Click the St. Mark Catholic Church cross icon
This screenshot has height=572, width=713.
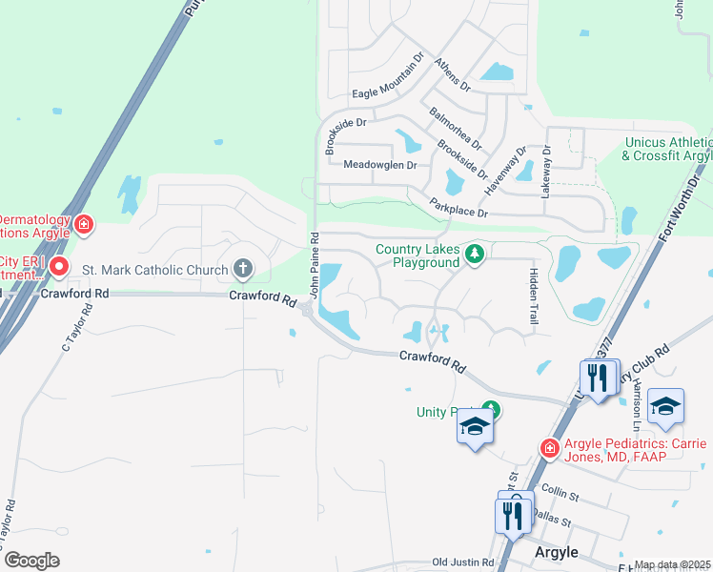tap(243, 269)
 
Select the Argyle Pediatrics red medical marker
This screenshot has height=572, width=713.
tap(549, 447)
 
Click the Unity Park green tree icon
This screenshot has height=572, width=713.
tap(495, 411)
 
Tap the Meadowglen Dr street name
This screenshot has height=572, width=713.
tap(379, 165)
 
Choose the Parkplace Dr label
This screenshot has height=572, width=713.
tap(458, 207)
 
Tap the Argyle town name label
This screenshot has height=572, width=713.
tap(556, 552)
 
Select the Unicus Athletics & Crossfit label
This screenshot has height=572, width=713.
tap(668, 149)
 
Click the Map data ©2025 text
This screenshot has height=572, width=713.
tap(672, 565)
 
